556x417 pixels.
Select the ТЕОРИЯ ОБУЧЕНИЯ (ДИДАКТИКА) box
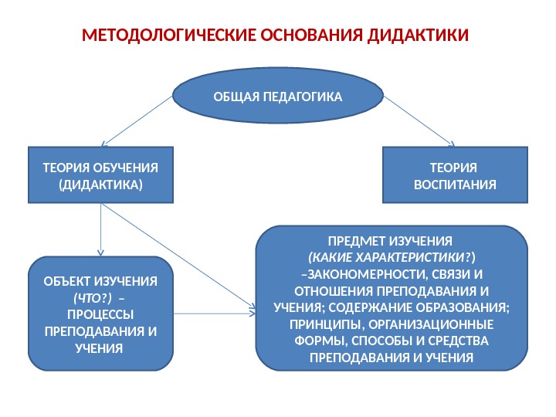click(x=100, y=177)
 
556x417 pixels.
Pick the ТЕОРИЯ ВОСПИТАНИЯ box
click(x=456, y=177)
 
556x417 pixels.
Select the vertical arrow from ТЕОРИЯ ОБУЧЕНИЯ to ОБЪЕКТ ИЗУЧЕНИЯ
click(x=100, y=232)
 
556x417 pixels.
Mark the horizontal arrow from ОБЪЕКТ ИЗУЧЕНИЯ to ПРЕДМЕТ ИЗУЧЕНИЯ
click(x=216, y=314)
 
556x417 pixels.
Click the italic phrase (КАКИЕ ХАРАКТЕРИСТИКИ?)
click(x=392, y=256)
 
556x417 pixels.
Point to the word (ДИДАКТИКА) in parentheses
click(x=100, y=185)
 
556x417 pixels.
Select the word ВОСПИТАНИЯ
click(x=456, y=185)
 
